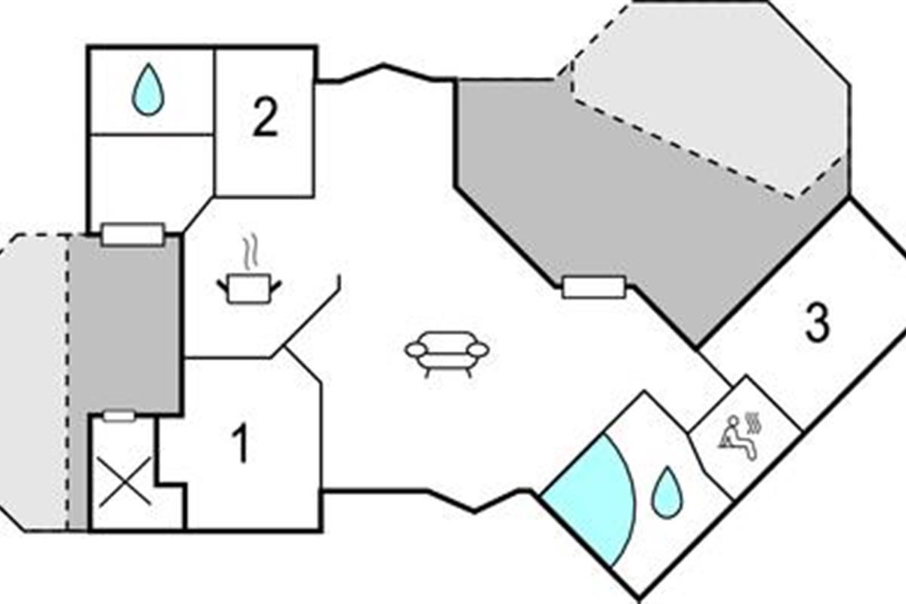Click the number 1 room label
point(240,445)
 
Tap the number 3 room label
point(817,322)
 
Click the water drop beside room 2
point(148,90)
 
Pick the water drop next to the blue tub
point(667,492)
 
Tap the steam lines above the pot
point(250,254)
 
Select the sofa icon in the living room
point(447,351)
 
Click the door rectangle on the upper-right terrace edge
point(594,287)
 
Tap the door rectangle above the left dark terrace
point(133,234)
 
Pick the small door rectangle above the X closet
point(119,416)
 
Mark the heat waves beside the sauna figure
point(752,424)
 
